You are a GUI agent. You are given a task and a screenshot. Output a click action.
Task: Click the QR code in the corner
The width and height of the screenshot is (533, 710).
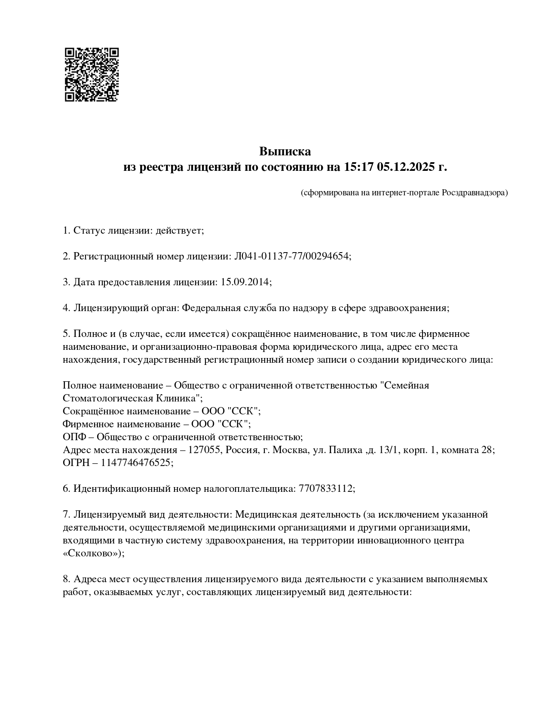92,74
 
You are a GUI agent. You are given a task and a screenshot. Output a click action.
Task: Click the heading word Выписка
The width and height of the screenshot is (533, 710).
285,151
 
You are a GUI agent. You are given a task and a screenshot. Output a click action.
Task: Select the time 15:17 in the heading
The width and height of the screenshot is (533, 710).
359,167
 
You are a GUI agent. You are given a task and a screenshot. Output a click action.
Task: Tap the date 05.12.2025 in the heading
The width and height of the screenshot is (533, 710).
406,167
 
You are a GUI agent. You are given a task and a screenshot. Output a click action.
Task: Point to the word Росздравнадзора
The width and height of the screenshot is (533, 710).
475,193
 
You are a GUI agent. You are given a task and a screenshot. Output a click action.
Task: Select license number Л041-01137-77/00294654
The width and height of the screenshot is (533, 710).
291,256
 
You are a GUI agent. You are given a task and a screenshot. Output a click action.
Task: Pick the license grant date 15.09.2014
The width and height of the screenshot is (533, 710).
245,282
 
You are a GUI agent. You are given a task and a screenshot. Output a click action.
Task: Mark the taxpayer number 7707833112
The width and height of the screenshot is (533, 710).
325,489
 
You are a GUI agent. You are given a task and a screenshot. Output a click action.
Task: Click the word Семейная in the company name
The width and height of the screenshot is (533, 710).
405,385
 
